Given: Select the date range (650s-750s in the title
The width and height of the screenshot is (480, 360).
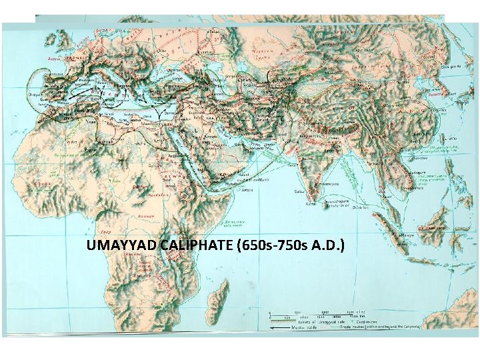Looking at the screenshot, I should pyautogui.click(x=274, y=247).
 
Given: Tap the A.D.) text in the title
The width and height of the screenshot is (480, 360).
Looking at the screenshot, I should pyautogui.click(x=329, y=247).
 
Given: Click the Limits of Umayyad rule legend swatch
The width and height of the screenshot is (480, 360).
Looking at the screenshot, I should pyautogui.click(x=283, y=321).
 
